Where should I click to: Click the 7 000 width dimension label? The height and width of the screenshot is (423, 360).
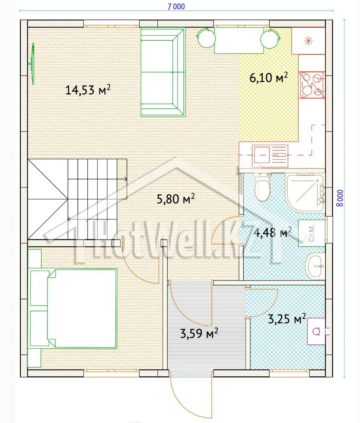tap(176, 7)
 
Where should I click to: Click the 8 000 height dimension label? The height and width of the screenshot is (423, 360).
tap(340, 198)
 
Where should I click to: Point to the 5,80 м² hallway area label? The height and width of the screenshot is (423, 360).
tap(176, 199)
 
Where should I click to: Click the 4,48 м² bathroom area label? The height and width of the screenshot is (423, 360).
tap(272, 232)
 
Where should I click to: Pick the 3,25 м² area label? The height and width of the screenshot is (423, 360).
tap(287, 319)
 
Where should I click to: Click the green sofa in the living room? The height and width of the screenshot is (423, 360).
tap(163, 73)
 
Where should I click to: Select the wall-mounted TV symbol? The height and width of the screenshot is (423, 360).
tap(32, 64)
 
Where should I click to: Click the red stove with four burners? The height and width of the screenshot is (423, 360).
tap(312, 85)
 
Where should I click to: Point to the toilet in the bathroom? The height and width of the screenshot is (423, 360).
tap(262, 187)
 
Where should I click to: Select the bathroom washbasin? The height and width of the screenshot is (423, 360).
tap(315, 266)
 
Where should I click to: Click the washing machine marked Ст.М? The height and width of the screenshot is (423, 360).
tap(312, 233)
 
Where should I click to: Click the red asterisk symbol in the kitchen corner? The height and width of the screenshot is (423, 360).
tap(308, 41)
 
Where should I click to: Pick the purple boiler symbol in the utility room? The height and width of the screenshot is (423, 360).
tap(316, 331)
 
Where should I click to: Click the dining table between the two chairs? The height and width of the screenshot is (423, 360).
tap(239, 41)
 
